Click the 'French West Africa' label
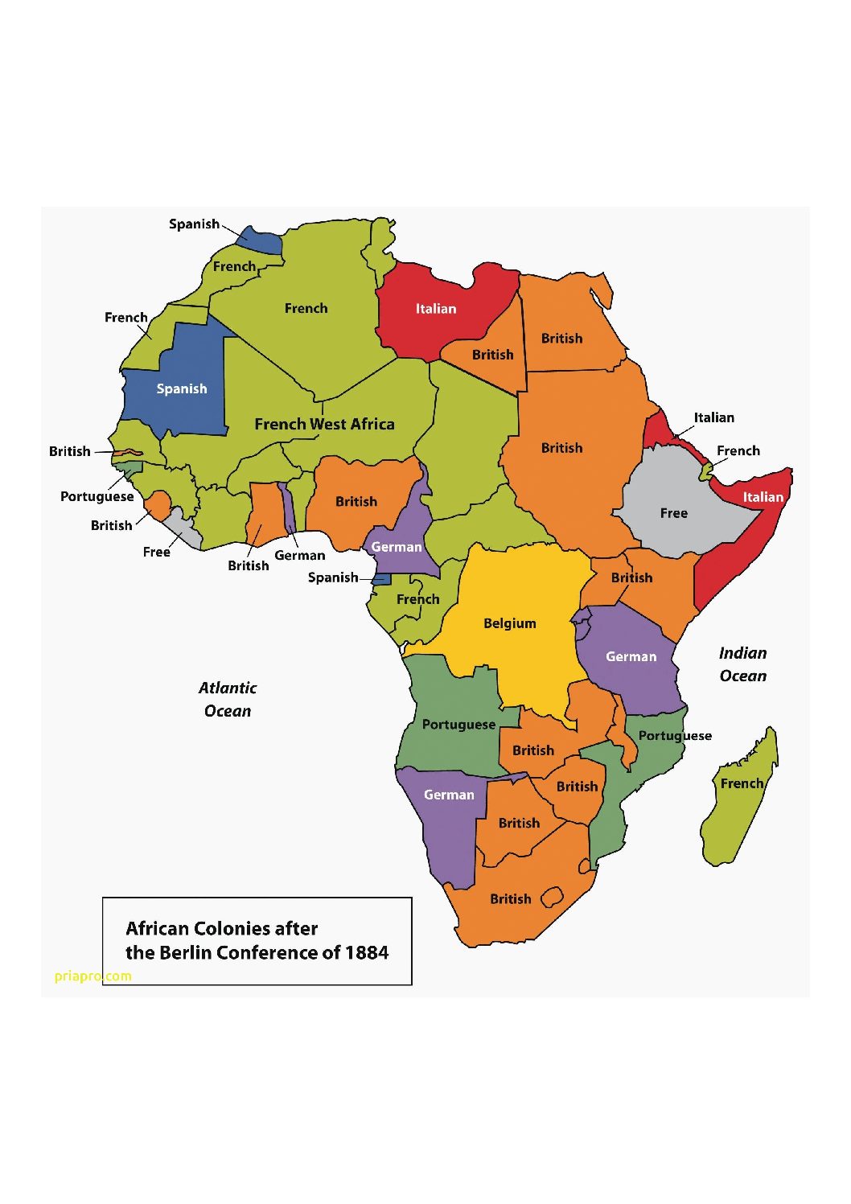[x=324, y=424]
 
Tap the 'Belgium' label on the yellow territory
[x=509, y=623]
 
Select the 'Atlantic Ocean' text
[x=228, y=699]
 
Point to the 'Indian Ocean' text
[x=742, y=664]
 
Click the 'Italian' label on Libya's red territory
[x=435, y=309]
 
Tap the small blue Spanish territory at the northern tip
[x=261, y=240]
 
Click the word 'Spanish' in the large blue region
[x=181, y=389]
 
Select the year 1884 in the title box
[x=367, y=953]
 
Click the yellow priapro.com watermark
[x=92, y=976]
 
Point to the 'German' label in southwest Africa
[x=449, y=795]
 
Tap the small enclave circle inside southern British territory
[x=552, y=897]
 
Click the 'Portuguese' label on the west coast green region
[x=458, y=725]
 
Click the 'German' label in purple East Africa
[x=631, y=657]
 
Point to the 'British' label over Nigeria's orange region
[x=356, y=502]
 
